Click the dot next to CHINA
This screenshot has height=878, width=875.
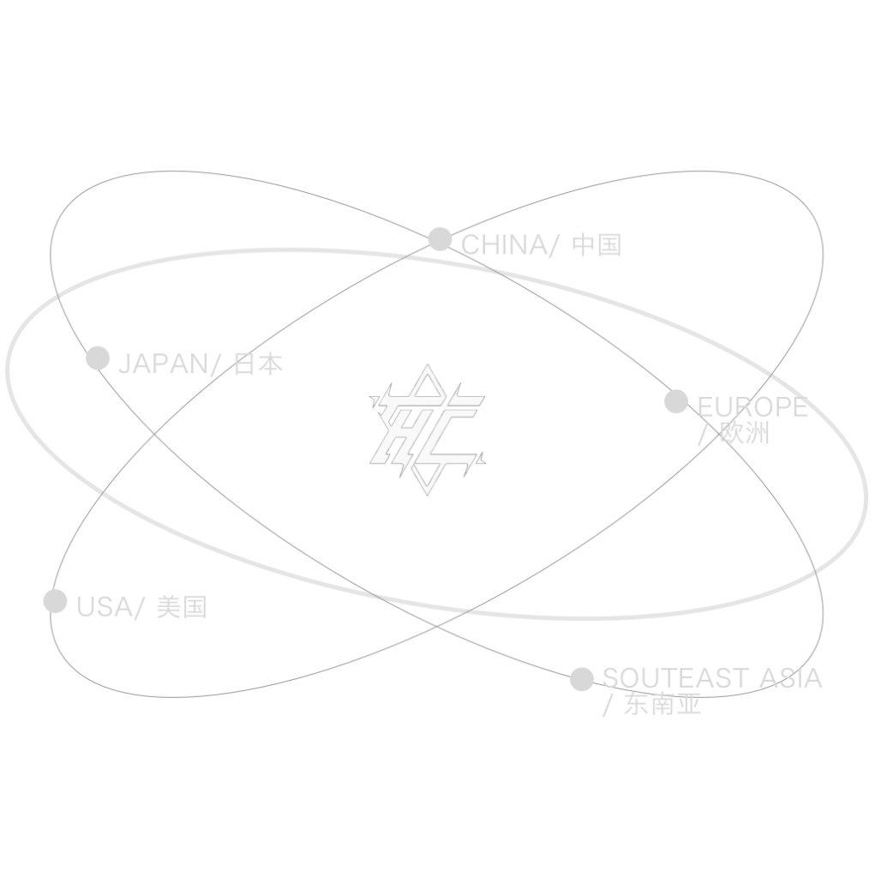pyautogui.click(x=440, y=239)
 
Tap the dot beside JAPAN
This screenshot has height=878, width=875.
pyautogui.click(x=98, y=358)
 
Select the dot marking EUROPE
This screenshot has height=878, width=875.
pyautogui.click(x=676, y=401)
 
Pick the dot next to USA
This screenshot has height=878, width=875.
pyautogui.click(x=55, y=601)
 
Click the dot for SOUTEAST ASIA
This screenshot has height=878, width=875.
pyautogui.click(x=582, y=679)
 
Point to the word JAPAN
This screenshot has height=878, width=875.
pyautogui.click(x=161, y=364)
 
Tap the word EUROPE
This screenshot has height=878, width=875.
pyautogui.click(x=752, y=406)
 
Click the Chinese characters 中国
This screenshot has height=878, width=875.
pyautogui.click(x=596, y=246)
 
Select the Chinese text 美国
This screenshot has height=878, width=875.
pyautogui.click(x=182, y=608)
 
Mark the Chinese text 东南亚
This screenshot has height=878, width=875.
pyautogui.click(x=663, y=706)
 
